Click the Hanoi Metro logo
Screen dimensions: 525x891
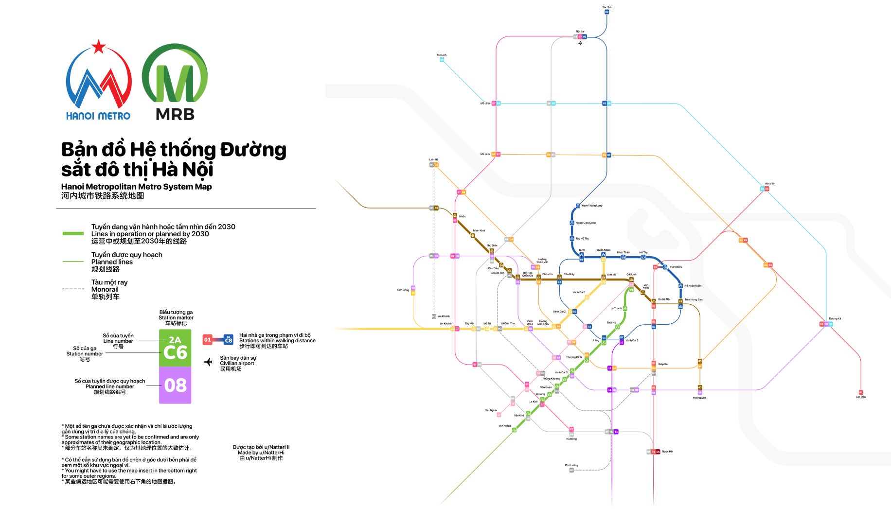[99, 80]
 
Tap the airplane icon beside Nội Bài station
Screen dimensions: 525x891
[580, 43]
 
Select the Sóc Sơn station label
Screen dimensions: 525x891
[607, 7]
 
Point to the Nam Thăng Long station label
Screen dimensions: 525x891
[592, 206]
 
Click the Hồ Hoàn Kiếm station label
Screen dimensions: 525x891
[693, 286]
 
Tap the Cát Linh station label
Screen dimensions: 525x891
[631, 275]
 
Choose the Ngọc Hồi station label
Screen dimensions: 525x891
[668, 452]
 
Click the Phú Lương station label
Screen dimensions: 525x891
[571, 465]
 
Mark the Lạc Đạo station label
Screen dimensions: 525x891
[861, 397]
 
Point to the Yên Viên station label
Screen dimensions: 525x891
[770, 184]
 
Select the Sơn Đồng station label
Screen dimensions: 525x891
[403, 290]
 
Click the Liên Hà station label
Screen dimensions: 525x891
[434, 159]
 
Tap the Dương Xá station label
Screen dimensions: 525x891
[835, 319]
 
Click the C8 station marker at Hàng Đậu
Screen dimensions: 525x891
[665, 267]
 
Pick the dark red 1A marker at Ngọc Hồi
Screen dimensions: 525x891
[658, 452]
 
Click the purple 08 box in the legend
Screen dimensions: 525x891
[175, 385]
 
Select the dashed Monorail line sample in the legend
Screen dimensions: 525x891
[73, 289]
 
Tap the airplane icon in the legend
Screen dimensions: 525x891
[208, 362]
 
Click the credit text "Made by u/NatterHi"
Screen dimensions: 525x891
[261, 453]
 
